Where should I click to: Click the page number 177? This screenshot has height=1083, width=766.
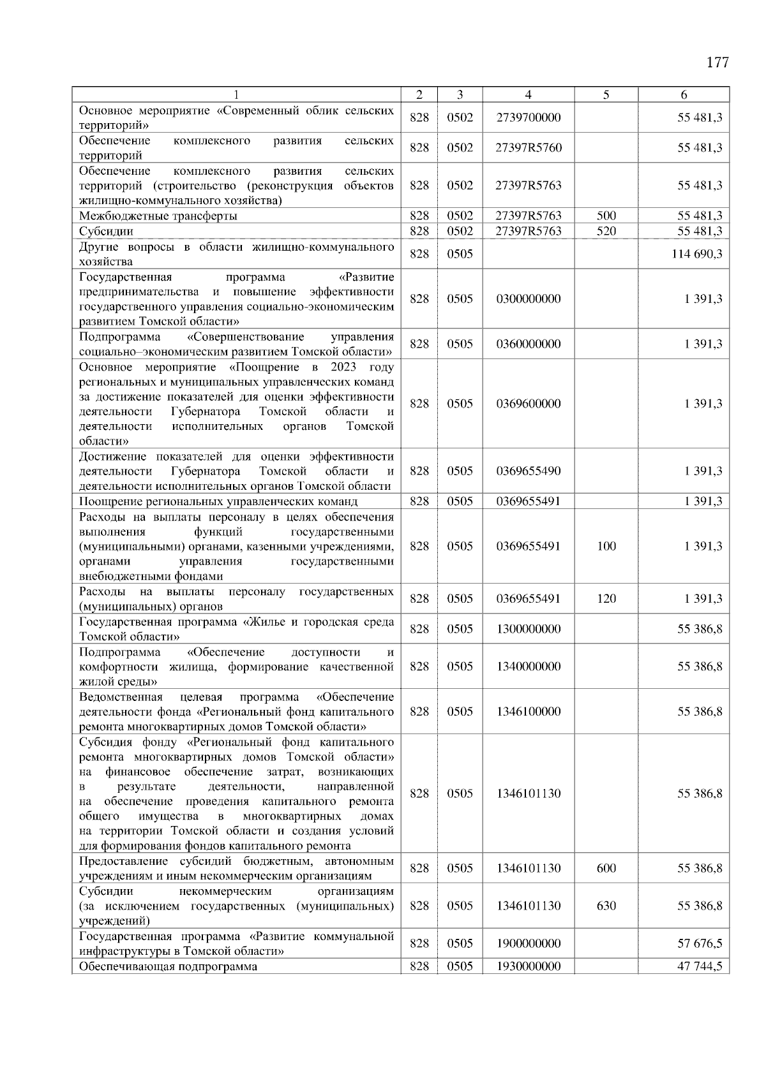pos(717,63)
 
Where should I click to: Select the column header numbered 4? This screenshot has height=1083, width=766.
pos(528,95)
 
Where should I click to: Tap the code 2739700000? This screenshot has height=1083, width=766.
pos(528,118)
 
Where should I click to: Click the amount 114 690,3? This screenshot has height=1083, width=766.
pos(696,254)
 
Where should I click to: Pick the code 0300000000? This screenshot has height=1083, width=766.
pos(528,298)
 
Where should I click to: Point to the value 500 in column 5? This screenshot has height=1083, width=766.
pos(606,216)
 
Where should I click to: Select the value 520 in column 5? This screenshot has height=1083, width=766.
pos(606,231)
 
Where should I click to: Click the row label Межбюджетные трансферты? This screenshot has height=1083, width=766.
pos(158,216)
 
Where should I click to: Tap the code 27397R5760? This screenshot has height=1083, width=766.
pos(528,147)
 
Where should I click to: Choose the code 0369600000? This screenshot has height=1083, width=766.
pos(528,403)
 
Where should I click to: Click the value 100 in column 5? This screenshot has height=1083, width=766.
pos(606,546)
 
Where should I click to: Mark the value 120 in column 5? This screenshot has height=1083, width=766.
pos(606,598)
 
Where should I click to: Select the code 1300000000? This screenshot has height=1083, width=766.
pos(528,629)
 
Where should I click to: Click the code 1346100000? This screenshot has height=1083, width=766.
pos(528,711)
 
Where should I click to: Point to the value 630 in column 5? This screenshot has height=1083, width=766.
pos(606,906)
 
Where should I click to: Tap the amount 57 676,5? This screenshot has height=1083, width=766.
pos(700,943)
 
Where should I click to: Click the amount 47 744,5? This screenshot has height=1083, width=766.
pos(700,966)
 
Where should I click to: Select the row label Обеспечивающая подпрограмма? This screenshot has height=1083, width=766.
pos(168,966)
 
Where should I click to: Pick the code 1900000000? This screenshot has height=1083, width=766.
pos(528,943)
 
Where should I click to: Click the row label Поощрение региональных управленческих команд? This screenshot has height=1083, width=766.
pos(218,501)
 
